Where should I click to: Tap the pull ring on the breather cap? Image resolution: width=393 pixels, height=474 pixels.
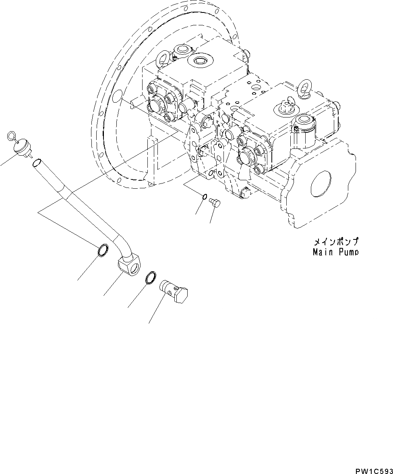click(12, 136)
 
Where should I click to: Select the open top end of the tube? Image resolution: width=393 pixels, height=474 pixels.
click(36, 163)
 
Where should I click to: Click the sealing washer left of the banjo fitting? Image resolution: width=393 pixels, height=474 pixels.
click(103, 250)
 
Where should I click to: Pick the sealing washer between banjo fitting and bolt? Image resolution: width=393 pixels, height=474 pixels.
click(150, 277)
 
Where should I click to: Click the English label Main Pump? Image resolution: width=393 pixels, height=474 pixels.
click(335, 252)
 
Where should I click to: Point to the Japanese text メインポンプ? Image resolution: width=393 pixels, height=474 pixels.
click(335, 243)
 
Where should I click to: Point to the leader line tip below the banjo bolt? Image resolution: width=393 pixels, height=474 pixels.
click(149, 323)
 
